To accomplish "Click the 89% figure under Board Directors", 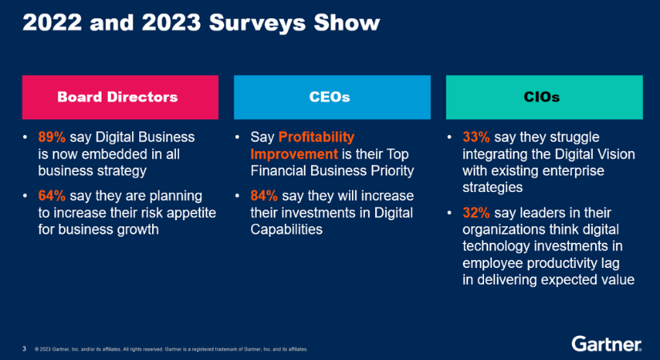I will pos(52,137).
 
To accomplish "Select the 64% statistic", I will pos(52,195).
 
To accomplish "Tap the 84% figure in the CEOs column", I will pos(264,195).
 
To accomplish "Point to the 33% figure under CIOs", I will pos(476,137).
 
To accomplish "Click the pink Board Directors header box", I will pos(120,97).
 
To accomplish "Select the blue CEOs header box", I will pos(331,97).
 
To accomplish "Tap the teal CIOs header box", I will pos(544,97).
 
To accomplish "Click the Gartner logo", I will pos(606,344).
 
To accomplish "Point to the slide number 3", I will pos(24,348).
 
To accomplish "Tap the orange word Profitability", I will pos(316,137).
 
